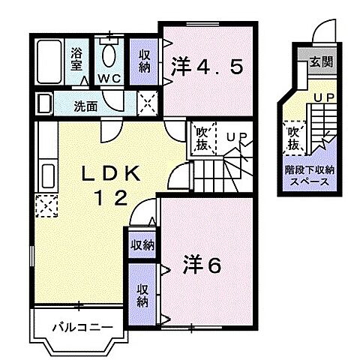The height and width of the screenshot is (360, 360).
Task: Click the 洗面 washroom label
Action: (x=85, y=106)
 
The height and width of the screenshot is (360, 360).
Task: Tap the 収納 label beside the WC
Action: (x=145, y=61)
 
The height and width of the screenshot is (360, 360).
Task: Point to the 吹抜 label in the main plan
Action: (x=202, y=139)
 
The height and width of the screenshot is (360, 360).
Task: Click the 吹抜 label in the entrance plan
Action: (x=293, y=137)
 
